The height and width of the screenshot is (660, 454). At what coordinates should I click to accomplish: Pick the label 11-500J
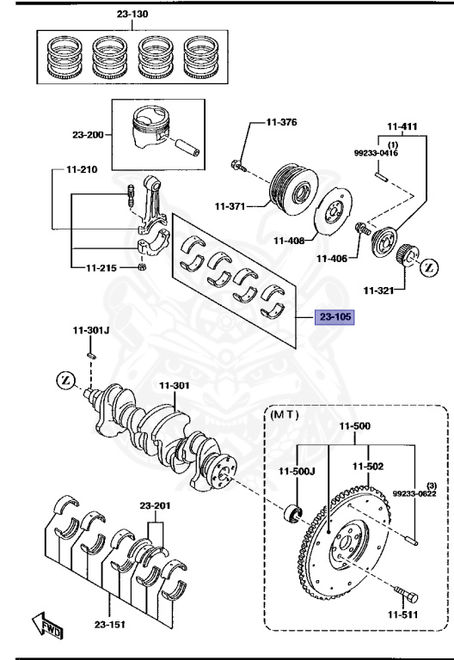297,471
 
